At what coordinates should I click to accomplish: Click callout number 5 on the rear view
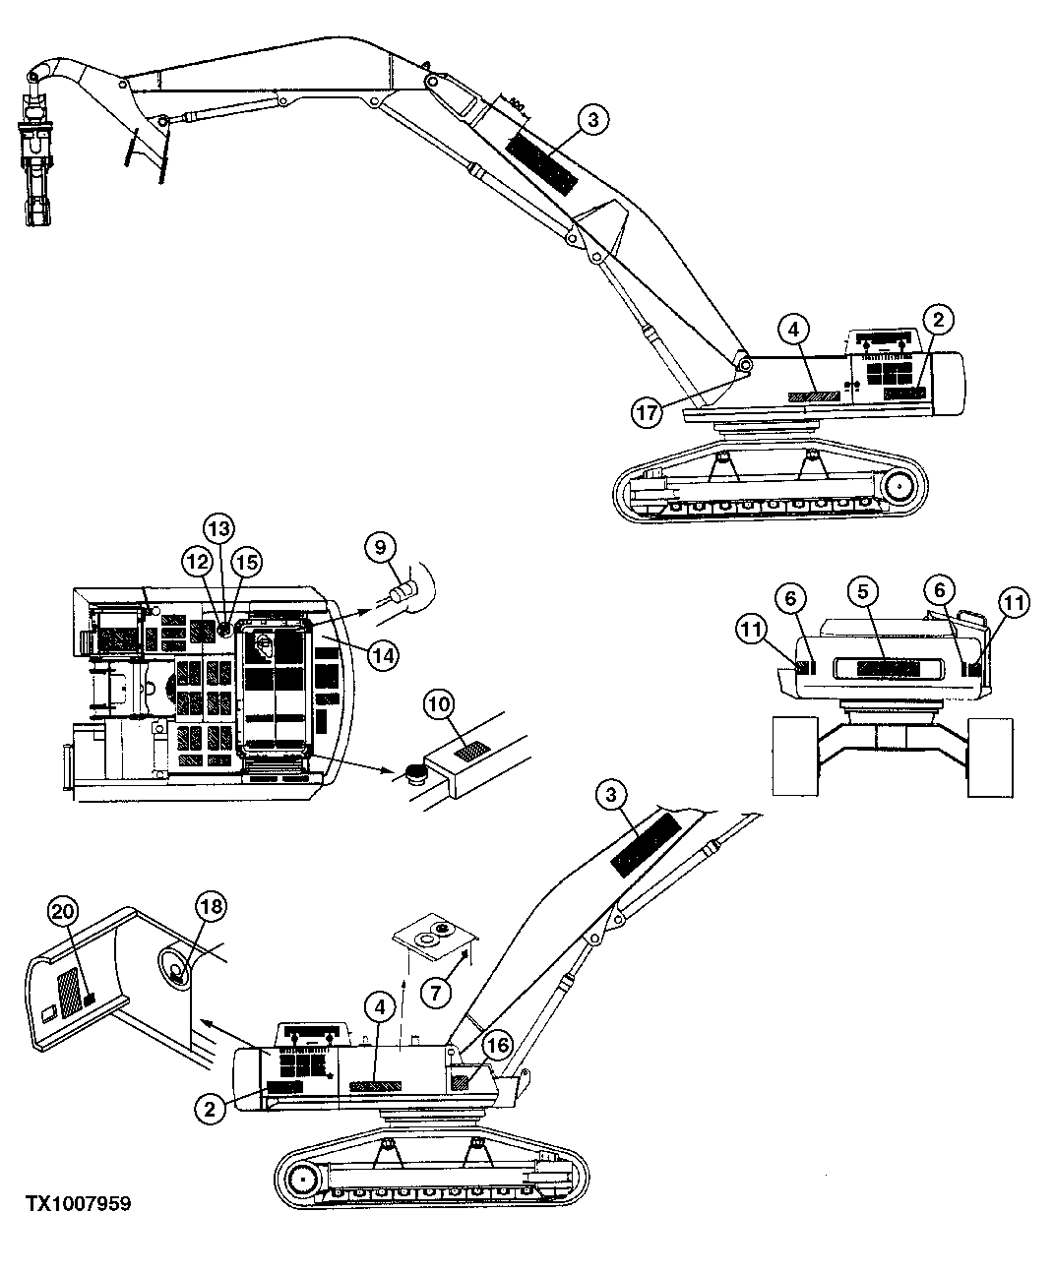point(863,592)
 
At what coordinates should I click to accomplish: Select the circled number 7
point(436,991)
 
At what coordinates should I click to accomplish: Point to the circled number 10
point(440,704)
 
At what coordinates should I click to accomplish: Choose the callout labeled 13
point(219,529)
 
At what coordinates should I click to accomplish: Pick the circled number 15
point(246,562)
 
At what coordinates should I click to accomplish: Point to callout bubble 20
point(64,912)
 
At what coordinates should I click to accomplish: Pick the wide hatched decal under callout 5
point(888,668)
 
